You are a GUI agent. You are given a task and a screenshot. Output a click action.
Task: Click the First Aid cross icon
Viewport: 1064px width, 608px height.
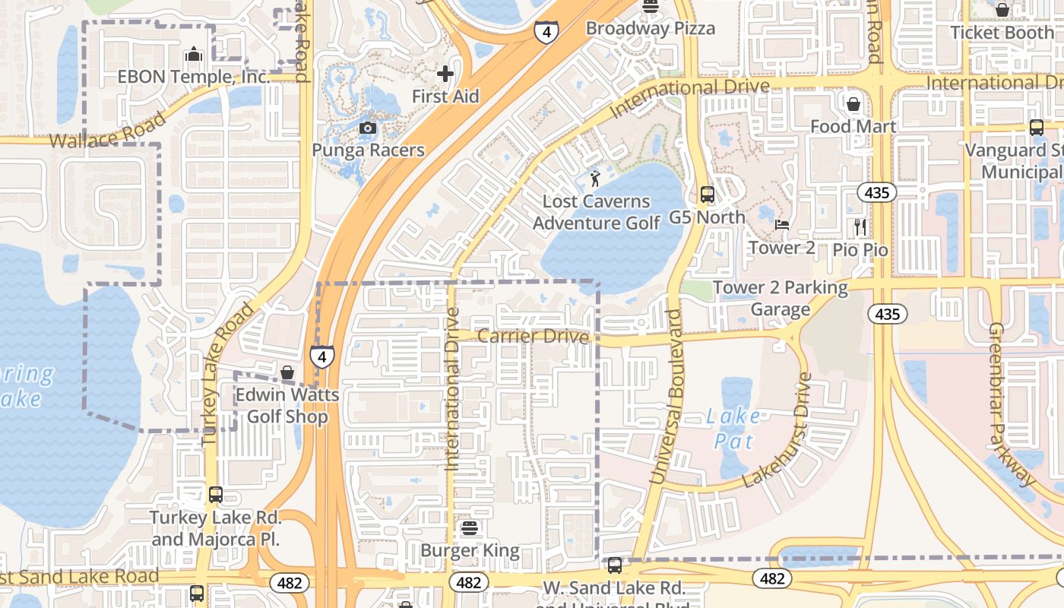445,74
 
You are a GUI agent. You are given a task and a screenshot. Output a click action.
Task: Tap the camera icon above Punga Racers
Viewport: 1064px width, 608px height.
368,128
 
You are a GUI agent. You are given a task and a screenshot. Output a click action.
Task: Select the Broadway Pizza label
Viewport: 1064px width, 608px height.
650,29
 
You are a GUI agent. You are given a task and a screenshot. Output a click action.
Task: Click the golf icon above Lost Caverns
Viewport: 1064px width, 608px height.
595,179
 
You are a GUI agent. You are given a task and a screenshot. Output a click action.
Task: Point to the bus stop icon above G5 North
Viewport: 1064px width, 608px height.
708,195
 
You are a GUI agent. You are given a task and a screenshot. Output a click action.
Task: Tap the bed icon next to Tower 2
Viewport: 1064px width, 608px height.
782,225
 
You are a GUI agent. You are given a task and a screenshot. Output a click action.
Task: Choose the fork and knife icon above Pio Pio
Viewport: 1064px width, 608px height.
860,226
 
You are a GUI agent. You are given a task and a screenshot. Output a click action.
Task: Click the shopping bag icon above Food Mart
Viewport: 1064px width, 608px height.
853,103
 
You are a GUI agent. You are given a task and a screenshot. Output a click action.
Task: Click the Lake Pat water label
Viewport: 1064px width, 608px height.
733,429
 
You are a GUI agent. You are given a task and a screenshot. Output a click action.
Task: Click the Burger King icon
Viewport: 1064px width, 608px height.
469,528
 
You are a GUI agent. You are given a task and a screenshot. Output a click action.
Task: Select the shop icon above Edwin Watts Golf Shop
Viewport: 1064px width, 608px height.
287,372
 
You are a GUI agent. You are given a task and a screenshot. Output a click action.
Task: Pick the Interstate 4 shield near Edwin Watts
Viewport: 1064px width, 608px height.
322,356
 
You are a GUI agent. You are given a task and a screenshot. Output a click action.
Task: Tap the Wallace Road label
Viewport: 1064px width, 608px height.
108,131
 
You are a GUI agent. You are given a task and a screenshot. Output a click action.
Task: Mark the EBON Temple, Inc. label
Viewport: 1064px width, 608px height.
193,77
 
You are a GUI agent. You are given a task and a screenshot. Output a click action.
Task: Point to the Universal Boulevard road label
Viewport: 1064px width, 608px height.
666,396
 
